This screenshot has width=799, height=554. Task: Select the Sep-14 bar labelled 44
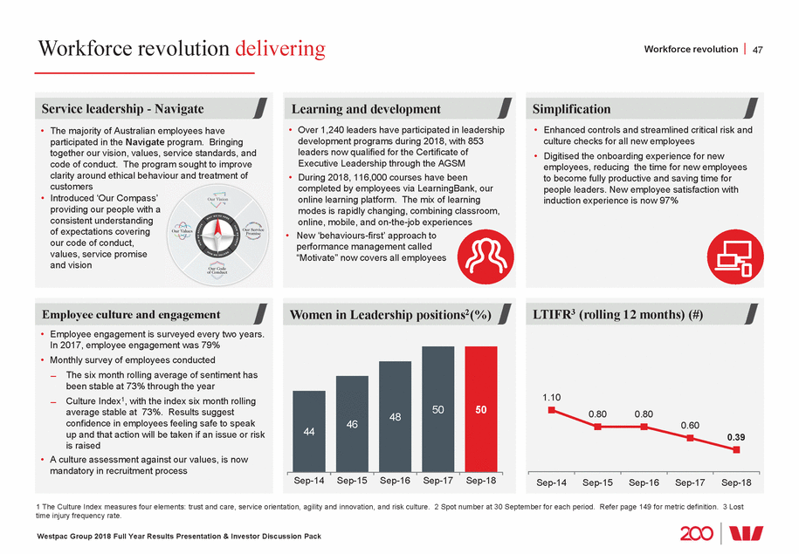(x=308, y=430)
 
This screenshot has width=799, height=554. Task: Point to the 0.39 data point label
(x=737, y=436)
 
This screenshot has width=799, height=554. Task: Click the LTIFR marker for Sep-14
(x=551, y=409)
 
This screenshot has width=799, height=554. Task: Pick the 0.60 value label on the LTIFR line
(x=691, y=424)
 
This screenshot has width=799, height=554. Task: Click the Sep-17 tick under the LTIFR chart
(x=691, y=482)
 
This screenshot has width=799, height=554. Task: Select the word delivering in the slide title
(x=280, y=49)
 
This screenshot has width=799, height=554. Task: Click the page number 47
(x=757, y=50)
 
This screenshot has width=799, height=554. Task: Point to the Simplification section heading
(x=572, y=109)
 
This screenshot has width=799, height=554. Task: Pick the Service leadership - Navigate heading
(x=122, y=109)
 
